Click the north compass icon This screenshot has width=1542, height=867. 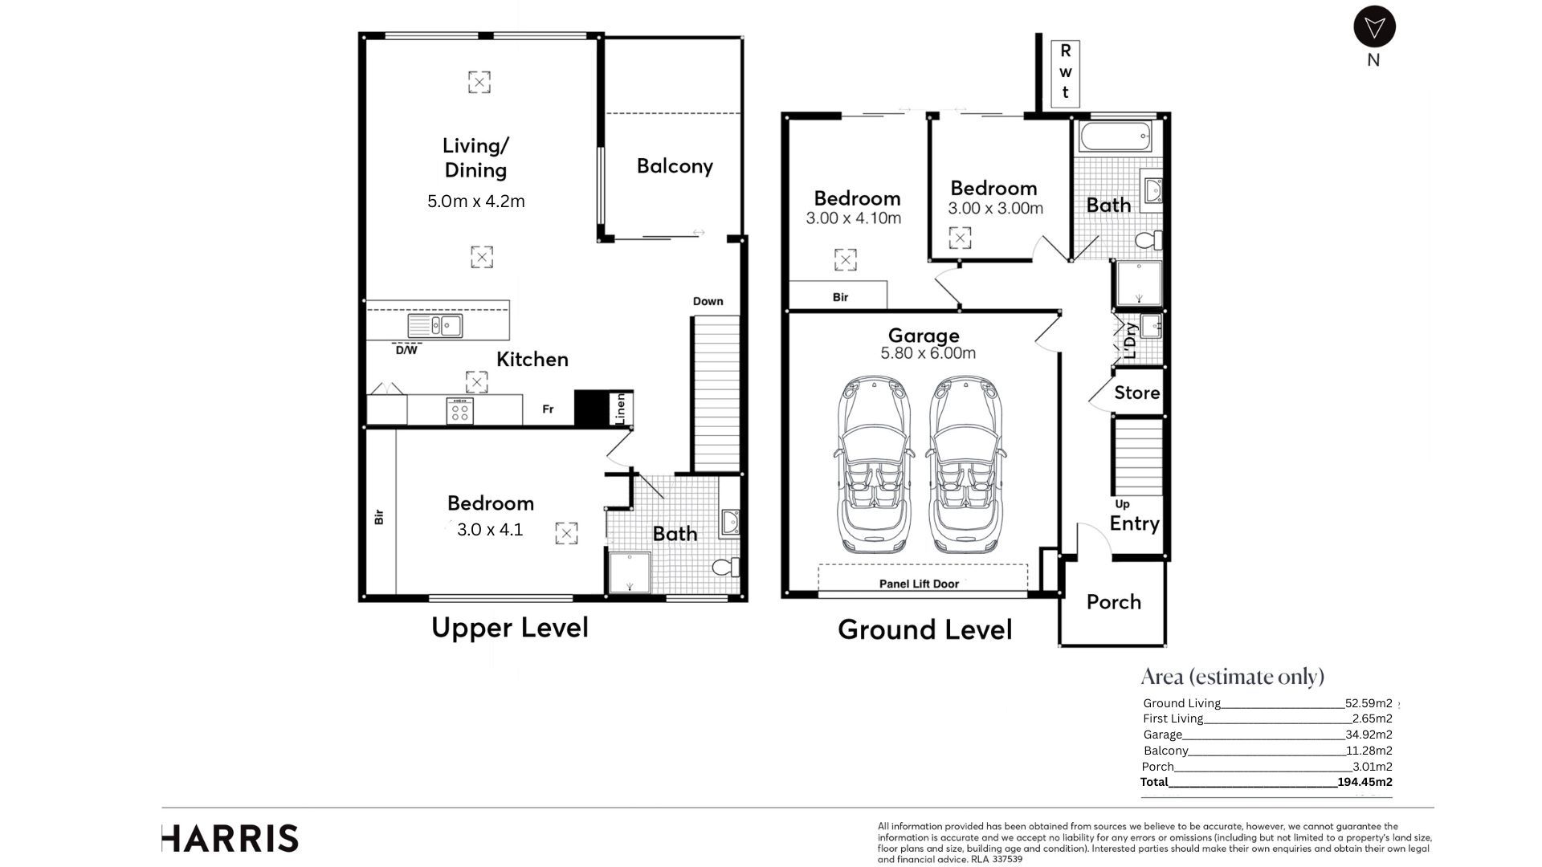[x=1374, y=27]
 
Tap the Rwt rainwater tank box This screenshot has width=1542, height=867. [x=1065, y=73]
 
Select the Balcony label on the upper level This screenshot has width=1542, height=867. [x=675, y=166]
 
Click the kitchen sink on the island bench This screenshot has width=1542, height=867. [x=434, y=325]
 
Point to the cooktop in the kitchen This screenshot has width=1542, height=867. [x=460, y=412]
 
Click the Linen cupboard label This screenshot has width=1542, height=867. [x=620, y=409]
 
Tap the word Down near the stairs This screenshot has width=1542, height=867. [x=708, y=301]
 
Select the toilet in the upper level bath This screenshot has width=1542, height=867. [x=726, y=567]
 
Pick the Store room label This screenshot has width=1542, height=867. [x=1136, y=393]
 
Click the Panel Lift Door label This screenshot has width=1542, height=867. [x=919, y=584]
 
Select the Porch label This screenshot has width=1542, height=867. [x=1113, y=602]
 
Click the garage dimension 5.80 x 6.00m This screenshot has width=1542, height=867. [x=928, y=353]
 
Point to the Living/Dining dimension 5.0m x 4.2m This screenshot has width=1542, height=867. [x=475, y=201]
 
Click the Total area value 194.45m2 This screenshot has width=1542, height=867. [x=1365, y=782]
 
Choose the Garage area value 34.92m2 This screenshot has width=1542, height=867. [x=1369, y=735]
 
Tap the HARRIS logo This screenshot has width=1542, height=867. [x=230, y=839]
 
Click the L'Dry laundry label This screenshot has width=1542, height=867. [x=1130, y=340]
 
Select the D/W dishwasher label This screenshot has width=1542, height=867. [x=406, y=350]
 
